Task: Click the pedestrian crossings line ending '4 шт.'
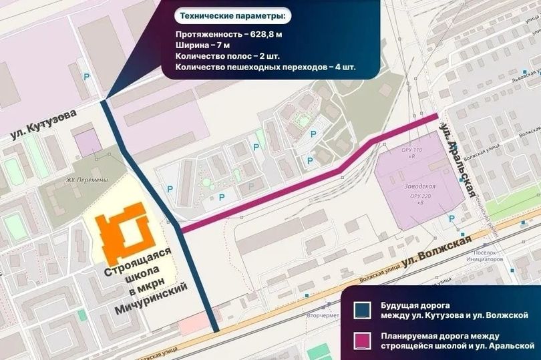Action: click(266, 68)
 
